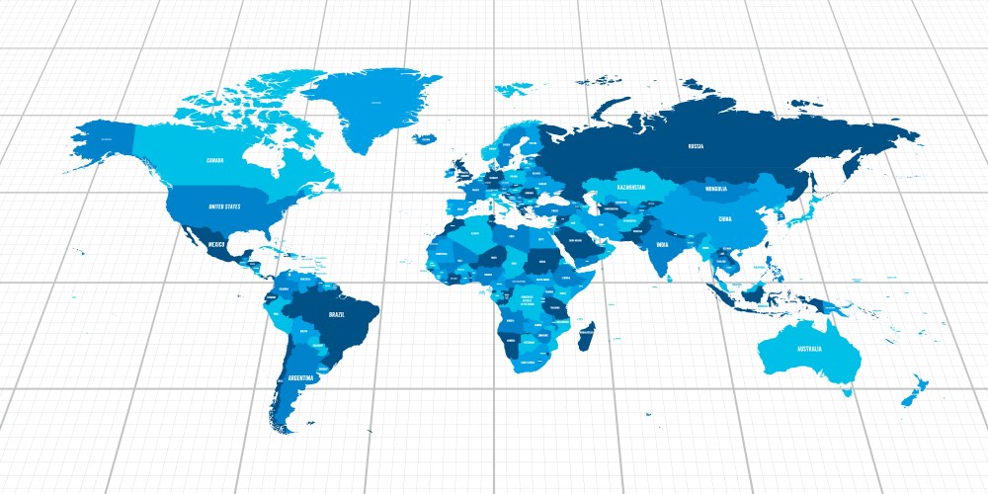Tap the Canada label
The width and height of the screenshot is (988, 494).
tap(215, 160)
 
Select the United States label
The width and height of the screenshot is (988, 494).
tap(224, 206)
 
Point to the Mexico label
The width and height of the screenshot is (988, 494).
tap(216, 244)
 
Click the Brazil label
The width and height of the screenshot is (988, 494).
tap(337, 314)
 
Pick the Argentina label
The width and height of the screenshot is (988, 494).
tap(300, 377)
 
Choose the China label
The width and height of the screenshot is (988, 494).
tap(725, 218)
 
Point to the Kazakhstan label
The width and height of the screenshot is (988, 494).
tap(630, 187)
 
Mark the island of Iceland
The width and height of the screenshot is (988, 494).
tap(426, 138)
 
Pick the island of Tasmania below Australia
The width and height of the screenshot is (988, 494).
tap(846, 392)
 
